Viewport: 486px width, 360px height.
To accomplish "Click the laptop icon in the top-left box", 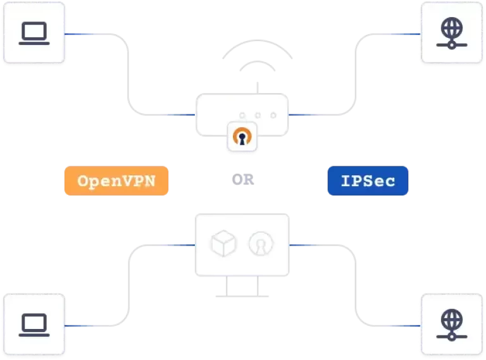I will [34, 34].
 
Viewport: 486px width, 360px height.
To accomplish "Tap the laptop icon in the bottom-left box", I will [34, 325].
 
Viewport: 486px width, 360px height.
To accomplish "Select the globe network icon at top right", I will [451, 34].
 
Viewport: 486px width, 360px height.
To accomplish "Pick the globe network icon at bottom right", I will [451, 325].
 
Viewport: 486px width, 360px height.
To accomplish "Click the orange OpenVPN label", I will [116, 181].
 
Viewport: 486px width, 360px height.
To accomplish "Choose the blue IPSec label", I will [368, 181].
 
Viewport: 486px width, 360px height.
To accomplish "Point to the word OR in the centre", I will [243, 180].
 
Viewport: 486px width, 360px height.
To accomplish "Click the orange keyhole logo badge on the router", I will [243, 137].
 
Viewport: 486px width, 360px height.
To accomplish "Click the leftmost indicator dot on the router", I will [242, 116].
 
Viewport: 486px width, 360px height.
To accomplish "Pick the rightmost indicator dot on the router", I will [273, 116].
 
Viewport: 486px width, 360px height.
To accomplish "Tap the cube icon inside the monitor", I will [223, 244].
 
